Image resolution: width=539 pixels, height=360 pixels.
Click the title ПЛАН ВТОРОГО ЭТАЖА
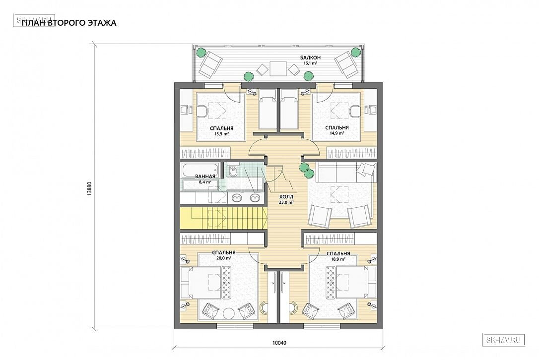pos(69,23)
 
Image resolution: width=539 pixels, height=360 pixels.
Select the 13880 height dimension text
pos(89,189)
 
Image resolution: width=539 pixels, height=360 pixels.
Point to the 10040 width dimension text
pos(279,343)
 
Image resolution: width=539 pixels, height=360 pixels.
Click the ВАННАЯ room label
pos(205,177)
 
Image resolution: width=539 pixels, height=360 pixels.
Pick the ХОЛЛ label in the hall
pos(286,197)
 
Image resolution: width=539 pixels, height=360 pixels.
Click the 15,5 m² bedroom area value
pos(222,134)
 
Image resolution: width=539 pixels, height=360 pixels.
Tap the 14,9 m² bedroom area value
pos(337,133)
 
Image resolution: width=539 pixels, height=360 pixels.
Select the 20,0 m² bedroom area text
pos(224,258)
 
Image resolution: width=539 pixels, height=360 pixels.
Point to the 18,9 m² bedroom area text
pos(338,259)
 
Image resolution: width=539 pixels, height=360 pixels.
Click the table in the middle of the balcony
pos(278,68)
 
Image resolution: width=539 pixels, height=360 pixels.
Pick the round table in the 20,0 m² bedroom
pos(229,313)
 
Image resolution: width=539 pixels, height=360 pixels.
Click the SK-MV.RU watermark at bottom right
pos(504,340)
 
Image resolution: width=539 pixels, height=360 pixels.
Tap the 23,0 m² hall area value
pos(286,203)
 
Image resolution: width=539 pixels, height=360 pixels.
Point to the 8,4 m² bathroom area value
pos(205,182)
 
